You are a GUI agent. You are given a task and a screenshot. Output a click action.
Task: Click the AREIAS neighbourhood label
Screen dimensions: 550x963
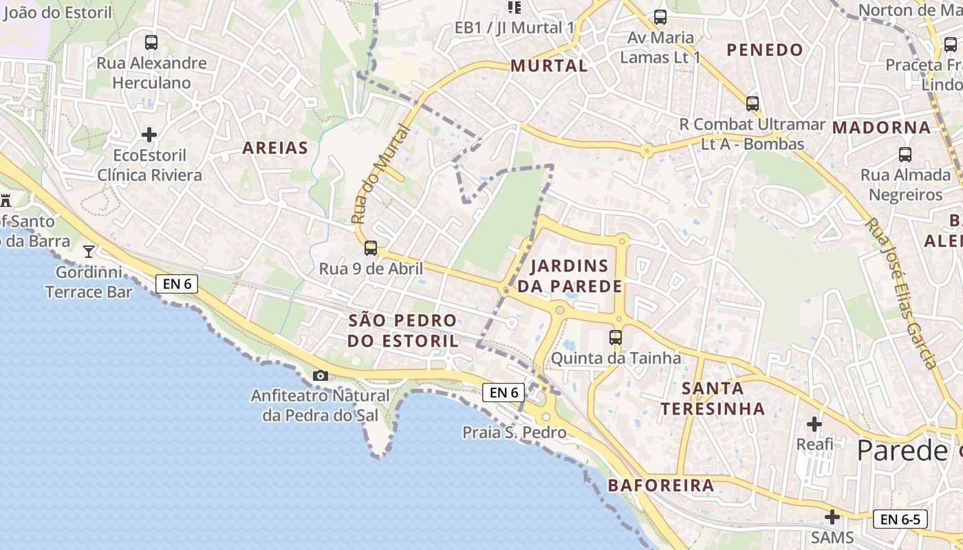(275, 148)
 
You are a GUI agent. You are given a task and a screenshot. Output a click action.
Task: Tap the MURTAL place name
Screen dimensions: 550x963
(549, 66)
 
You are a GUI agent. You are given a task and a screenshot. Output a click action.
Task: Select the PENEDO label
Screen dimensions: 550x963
(765, 49)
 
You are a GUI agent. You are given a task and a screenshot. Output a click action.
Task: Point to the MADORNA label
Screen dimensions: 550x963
(881, 127)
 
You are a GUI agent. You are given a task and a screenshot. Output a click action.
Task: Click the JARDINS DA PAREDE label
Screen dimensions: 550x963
(570, 276)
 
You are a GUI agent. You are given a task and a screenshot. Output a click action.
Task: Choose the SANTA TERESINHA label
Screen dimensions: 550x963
(713, 398)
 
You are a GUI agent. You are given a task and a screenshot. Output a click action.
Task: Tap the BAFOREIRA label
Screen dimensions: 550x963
(661, 485)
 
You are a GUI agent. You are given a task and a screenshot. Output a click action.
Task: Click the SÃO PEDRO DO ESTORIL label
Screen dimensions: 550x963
(402, 330)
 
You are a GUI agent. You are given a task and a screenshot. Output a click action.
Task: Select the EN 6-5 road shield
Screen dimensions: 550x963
(900, 519)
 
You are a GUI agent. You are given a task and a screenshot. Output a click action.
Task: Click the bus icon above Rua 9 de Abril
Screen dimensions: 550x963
(371, 248)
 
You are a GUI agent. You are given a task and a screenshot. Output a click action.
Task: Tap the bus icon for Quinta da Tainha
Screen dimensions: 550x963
(616, 338)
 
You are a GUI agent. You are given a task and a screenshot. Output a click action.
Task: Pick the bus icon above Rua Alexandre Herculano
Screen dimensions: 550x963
(151, 43)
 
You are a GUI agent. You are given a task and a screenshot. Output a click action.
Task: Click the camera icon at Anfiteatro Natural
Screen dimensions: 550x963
(321, 375)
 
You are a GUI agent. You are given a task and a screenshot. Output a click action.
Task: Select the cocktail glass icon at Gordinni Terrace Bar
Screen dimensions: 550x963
(89, 251)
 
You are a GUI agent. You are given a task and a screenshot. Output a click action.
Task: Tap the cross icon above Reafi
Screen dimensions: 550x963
(814, 423)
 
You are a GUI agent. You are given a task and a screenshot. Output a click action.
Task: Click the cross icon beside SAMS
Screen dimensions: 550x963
(832, 516)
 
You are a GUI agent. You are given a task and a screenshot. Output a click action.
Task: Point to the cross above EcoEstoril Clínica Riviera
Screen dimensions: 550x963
(149, 134)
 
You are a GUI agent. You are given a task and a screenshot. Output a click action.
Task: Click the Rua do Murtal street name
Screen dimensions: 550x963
(380, 175)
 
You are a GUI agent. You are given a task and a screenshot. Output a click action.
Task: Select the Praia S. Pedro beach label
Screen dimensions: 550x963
(515, 432)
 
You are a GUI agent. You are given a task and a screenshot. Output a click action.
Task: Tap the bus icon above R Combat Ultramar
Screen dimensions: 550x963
(753, 104)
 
